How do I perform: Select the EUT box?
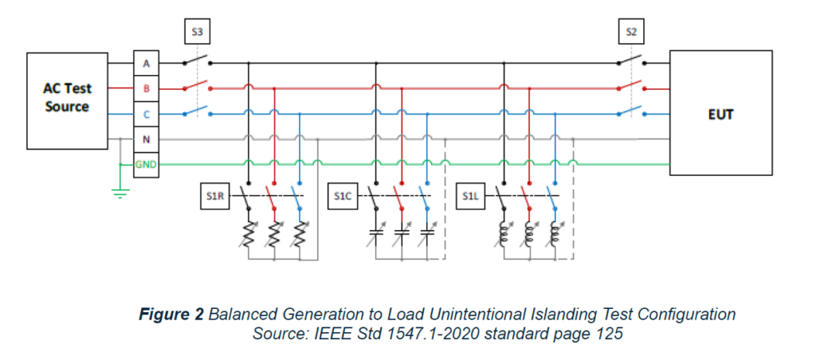(720, 113)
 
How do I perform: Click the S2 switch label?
(632, 33)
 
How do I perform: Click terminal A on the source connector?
(146, 63)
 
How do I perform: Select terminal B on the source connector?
(146, 88)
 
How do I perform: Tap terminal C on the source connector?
(146, 114)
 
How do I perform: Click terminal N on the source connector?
(146, 139)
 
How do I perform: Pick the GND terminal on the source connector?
(146, 165)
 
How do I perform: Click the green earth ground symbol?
(120, 192)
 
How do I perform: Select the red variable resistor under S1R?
(274, 233)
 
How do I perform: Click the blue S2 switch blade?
(631, 110)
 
